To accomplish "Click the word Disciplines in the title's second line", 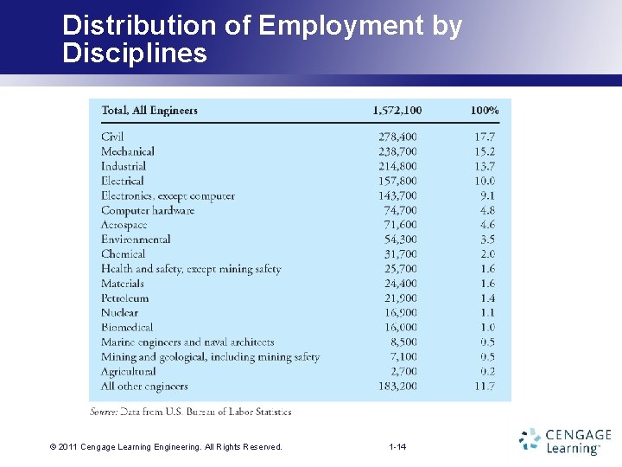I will [x=135, y=54].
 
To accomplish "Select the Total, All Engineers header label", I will [x=149, y=110].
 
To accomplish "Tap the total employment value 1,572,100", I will [x=397, y=110].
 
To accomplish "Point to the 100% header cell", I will [x=484, y=110].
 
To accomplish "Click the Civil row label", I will [x=112, y=137].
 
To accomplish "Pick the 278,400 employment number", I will [x=397, y=137].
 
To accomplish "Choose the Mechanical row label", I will [x=128, y=151].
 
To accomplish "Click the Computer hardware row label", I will [x=148, y=210].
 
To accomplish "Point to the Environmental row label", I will [x=136, y=240].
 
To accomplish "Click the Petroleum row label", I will [x=125, y=298].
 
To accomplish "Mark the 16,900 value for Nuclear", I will [x=401, y=313].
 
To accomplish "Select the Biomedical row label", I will [x=127, y=328].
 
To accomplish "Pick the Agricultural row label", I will [x=130, y=372].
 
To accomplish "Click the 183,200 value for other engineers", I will [x=397, y=387].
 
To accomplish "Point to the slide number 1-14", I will [x=397, y=447].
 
